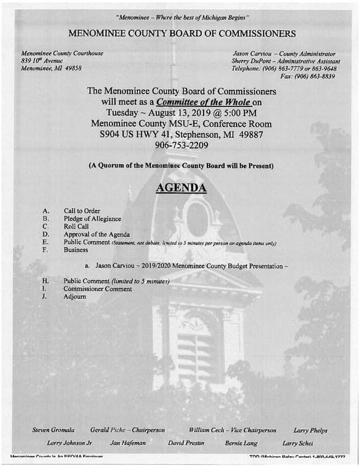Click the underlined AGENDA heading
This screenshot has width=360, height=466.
180,188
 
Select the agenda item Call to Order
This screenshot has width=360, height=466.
82,211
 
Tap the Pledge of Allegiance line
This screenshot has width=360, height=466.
92,219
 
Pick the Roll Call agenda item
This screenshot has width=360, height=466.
77,227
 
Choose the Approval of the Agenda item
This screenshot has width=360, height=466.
97,235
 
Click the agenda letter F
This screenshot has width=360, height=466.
45,250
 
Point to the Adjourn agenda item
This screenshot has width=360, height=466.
75,297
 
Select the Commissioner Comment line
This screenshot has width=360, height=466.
97,289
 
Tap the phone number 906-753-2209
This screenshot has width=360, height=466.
181,146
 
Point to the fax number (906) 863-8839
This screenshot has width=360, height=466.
316,76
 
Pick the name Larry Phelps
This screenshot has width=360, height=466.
310,430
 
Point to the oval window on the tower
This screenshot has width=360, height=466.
197,220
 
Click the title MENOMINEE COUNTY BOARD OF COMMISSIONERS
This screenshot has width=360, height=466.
182,33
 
